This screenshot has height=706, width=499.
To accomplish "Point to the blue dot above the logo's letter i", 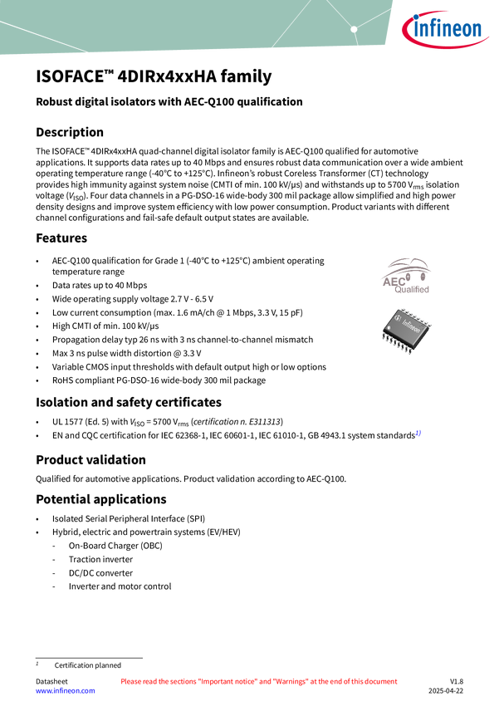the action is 418,19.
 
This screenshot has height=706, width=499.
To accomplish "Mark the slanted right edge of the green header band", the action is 391,25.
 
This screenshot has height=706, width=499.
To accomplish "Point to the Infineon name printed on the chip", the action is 412,326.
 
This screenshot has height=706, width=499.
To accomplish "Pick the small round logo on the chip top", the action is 396,319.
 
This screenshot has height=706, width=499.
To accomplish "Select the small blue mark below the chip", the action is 418,433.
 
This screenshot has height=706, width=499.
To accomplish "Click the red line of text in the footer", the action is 259,681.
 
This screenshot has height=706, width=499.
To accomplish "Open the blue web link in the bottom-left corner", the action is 66,690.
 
